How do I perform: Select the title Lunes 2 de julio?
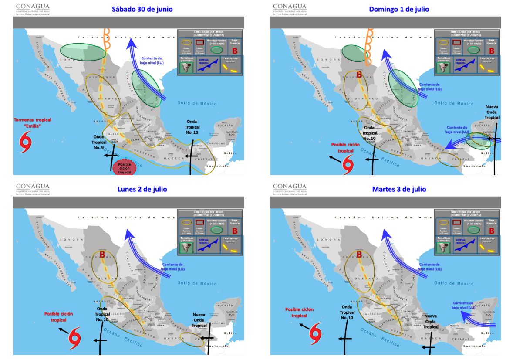142,189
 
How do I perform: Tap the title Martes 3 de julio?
399,189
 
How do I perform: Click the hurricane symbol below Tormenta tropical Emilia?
26,143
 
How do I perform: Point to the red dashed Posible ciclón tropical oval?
125,168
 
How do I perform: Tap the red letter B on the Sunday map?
359,75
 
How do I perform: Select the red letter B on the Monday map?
103,254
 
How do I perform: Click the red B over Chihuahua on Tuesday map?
360,255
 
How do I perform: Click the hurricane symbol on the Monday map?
75,335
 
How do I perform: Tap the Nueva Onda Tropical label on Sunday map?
492,112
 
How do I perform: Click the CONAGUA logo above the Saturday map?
33,8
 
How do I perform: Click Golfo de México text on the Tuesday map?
454,284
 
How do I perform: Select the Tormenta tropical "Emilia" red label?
33,123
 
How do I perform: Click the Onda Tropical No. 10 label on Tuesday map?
347,312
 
